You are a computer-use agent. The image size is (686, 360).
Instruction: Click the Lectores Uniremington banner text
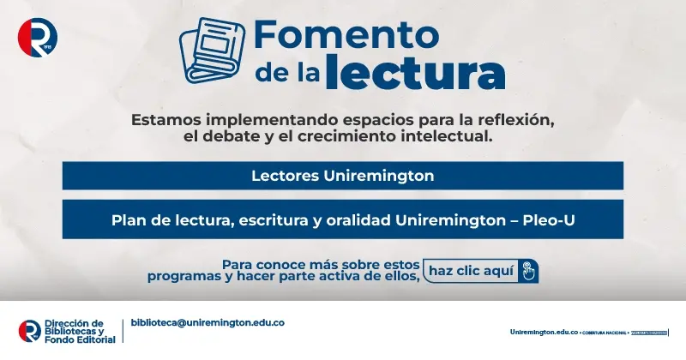tap(342, 176)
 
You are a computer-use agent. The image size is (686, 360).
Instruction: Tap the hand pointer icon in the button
tap(528, 272)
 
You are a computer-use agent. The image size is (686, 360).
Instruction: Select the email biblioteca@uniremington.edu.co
tap(208, 322)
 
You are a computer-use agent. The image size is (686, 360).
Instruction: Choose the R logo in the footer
tap(29, 330)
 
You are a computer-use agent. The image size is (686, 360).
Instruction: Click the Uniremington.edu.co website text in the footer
tap(545, 331)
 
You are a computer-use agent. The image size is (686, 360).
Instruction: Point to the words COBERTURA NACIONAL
tap(605, 332)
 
